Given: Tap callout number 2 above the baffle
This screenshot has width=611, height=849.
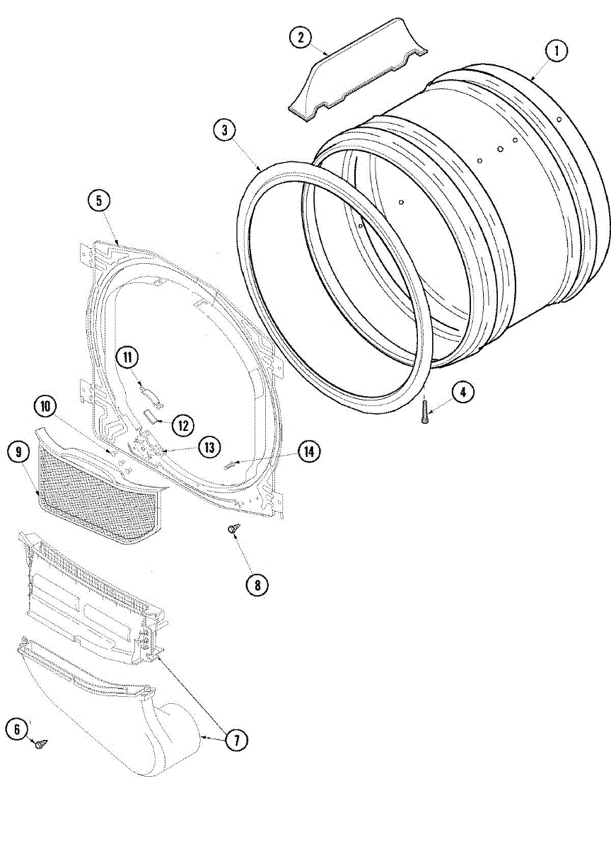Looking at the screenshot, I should click(301, 37).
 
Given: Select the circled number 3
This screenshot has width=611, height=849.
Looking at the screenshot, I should click(224, 130).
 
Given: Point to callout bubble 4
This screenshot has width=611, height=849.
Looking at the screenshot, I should click(463, 393).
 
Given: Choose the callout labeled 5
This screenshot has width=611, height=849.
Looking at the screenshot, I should click(99, 201).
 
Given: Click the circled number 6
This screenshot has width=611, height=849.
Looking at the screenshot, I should click(18, 729).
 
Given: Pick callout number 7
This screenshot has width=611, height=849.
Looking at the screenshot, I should click(237, 740).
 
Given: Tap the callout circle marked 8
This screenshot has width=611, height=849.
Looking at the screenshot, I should click(257, 584).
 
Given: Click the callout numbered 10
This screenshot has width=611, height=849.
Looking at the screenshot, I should click(46, 406).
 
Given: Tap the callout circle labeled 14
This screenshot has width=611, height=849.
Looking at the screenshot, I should click(308, 451).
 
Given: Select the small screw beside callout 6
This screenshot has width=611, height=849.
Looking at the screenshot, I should click(42, 743).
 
